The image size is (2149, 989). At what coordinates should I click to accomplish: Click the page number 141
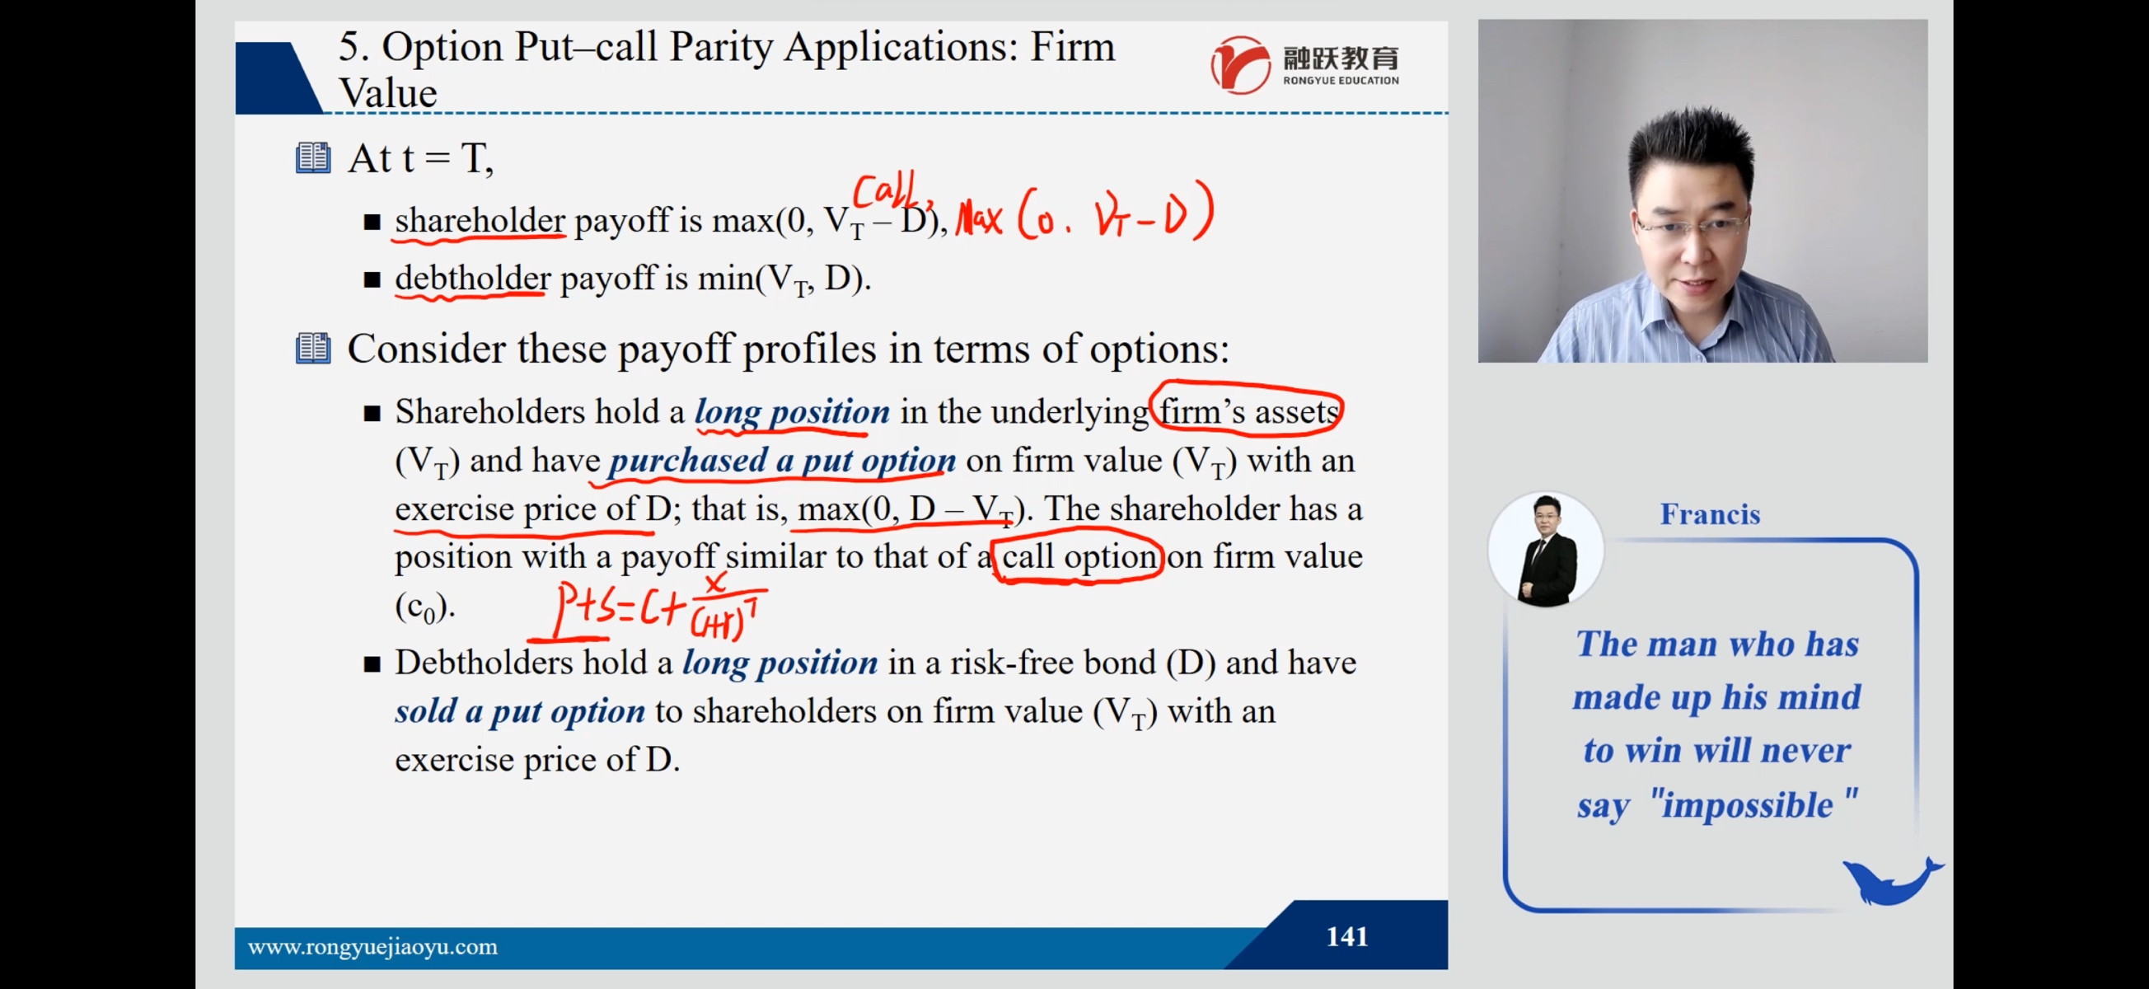point(1346,936)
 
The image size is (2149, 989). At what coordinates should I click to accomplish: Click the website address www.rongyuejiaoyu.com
point(372,947)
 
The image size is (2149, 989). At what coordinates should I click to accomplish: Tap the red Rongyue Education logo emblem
point(1240,65)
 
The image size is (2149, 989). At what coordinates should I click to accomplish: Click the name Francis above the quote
point(1709,514)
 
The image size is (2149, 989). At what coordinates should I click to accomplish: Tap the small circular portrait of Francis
point(1546,549)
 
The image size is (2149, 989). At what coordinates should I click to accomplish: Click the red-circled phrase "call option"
point(1079,556)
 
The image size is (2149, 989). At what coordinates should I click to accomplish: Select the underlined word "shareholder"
point(480,220)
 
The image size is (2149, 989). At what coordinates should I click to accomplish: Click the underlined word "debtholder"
point(472,278)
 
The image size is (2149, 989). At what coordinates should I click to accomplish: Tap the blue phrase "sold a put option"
point(520,711)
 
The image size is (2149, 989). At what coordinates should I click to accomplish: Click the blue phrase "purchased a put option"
point(783,461)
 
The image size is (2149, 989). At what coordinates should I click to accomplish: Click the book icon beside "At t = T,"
point(313,157)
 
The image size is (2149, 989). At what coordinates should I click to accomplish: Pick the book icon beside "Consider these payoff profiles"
point(313,348)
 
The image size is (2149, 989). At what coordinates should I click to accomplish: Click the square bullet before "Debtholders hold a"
point(372,664)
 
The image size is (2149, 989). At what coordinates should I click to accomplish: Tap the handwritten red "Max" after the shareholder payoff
point(979,218)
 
